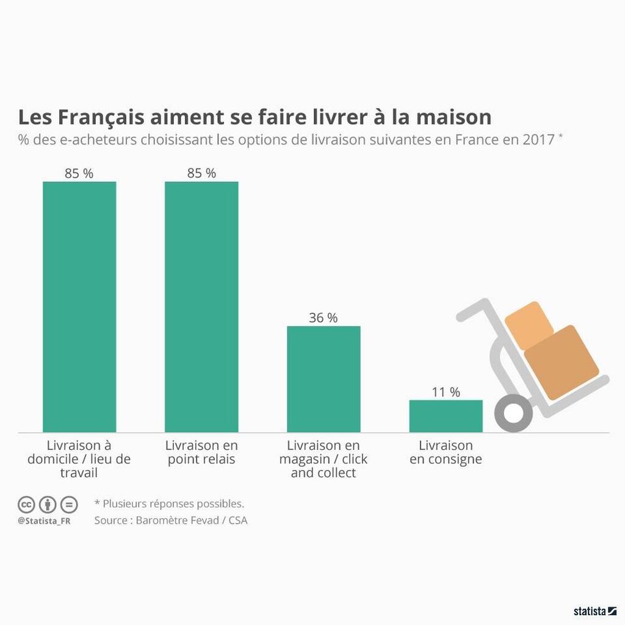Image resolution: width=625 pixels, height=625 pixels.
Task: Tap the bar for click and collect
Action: pos(323,379)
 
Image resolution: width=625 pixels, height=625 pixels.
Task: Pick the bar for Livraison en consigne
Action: pos(446,416)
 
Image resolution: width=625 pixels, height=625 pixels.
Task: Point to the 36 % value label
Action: pos(323,318)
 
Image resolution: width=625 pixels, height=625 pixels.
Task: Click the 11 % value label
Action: pos(446,392)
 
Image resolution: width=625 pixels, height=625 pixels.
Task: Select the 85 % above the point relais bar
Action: pos(201,173)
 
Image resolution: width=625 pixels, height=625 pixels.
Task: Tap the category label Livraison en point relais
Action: pos(201,452)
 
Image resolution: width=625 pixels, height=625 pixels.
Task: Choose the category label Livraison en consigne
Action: pos(446,452)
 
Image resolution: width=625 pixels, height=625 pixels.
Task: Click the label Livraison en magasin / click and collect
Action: pos(323,459)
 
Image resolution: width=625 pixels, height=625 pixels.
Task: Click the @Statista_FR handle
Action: pos(43,521)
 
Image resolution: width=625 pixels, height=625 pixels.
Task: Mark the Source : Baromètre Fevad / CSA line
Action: pos(171,521)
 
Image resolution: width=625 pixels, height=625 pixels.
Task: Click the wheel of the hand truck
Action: pos(513,413)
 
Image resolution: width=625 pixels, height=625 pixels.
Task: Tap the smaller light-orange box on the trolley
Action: pos(530,324)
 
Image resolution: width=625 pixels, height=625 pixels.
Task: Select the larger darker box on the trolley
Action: pos(561,361)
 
